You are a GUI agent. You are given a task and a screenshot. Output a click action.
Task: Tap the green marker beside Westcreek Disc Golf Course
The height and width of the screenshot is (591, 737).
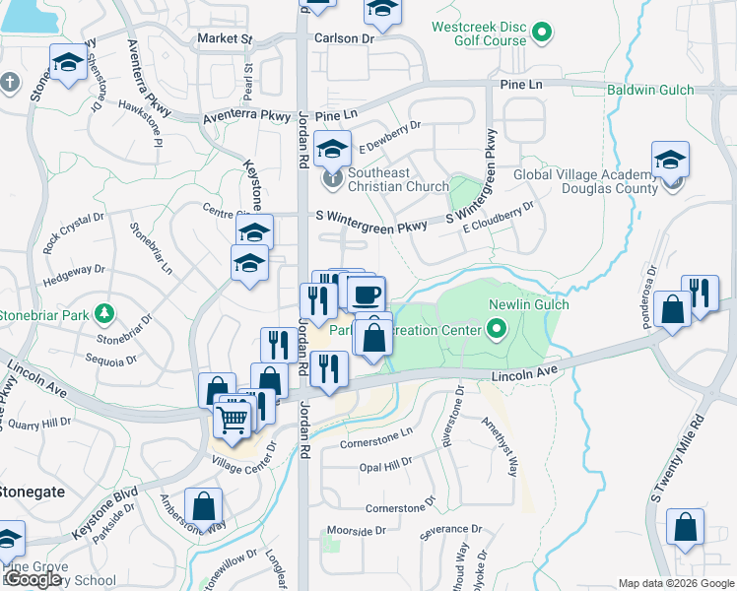click(x=541, y=34)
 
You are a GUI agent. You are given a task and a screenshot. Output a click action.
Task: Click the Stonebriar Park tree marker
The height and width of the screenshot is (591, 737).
click(x=103, y=314)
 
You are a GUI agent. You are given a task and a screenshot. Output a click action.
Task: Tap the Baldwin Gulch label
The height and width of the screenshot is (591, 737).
click(x=680, y=90)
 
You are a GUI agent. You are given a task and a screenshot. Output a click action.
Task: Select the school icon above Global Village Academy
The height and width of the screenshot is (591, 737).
click(x=670, y=159)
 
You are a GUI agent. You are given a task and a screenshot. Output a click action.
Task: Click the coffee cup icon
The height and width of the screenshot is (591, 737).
click(x=366, y=294)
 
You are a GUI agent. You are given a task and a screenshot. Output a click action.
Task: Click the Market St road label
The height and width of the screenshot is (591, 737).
click(x=225, y=38)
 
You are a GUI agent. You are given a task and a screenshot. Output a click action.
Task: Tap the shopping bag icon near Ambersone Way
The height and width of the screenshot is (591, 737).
click(x=203, y=506)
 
